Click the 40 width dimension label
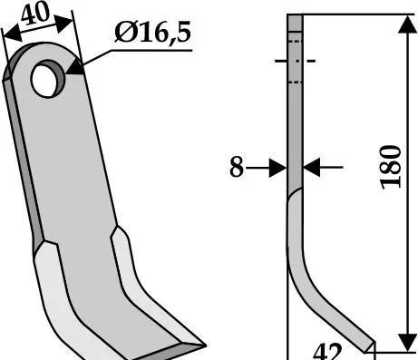tap(35, 14)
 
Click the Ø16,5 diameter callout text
tap(152, 32)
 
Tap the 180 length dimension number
tap(391, 167)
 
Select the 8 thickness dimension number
tap(237, 167)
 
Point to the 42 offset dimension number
tap(327, 351)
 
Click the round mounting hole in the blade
tap(48, 79)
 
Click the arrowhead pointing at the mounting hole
tap(75, 67)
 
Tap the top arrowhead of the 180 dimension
tap(408, 24)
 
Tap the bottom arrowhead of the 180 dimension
tap(408, 343)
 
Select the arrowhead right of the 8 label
tap(278, 167)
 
